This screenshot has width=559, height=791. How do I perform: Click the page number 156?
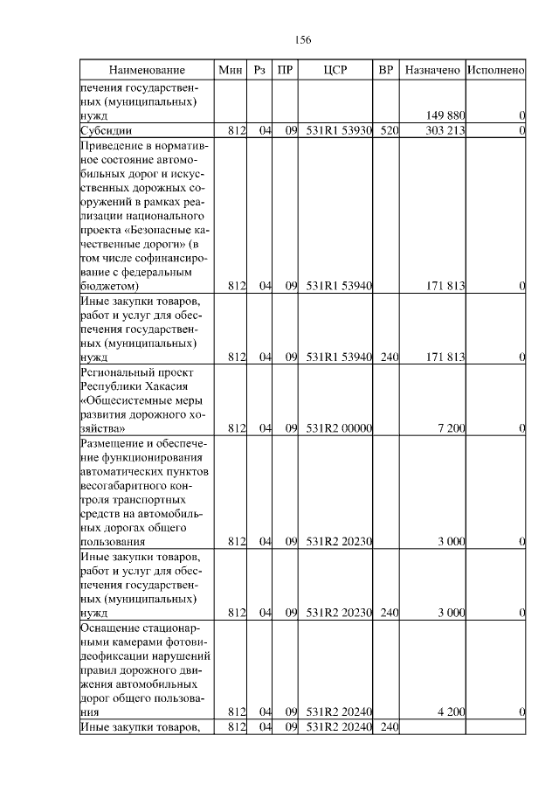click(x=303, y=40)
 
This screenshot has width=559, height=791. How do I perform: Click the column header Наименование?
click(x=147, y=70)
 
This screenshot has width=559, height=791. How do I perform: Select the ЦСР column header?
click(x=335, y=70)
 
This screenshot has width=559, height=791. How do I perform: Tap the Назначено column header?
click(x=432, y=70)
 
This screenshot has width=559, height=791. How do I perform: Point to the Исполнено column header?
click(x=495, y=70)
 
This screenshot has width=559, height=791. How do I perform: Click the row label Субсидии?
click(x=105, y=130)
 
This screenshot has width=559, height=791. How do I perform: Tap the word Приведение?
click(x=114, y=145)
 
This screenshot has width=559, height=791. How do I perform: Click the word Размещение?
click(x=114, y=442)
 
